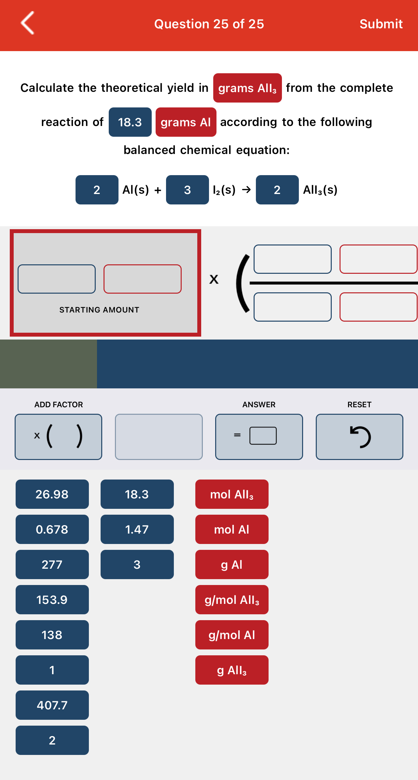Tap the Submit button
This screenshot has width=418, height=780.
[x=381, y=24]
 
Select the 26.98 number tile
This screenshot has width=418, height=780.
[x=52, y=494]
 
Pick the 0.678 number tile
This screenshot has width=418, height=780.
[x=52, y=529]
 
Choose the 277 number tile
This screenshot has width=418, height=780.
[x=52, y=564]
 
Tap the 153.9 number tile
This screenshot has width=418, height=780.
[x=52, y=600]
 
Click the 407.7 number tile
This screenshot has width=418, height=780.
[x=52, y=705]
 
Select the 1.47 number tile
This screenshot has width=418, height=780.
[x=137, y=529]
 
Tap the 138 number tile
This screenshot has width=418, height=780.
[x=52, y=635]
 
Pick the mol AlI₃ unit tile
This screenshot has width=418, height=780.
[x=232, y=494]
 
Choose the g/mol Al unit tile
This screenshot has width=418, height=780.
[x=232, y=635]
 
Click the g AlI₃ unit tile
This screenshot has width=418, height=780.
[x=232, y=670]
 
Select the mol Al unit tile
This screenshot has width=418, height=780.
[x=232, y=529]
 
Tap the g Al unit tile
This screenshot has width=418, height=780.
[x=232, y=564]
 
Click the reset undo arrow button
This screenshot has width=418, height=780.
[x=359, y=437]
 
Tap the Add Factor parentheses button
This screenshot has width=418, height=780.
[x=59, y=437]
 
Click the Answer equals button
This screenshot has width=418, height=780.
[x=259, y=437]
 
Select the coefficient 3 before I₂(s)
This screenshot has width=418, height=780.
[x=188, y=190]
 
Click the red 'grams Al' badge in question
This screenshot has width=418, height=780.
[x=186, y=122]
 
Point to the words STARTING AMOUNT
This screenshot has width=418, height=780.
[x=99, y=310]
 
